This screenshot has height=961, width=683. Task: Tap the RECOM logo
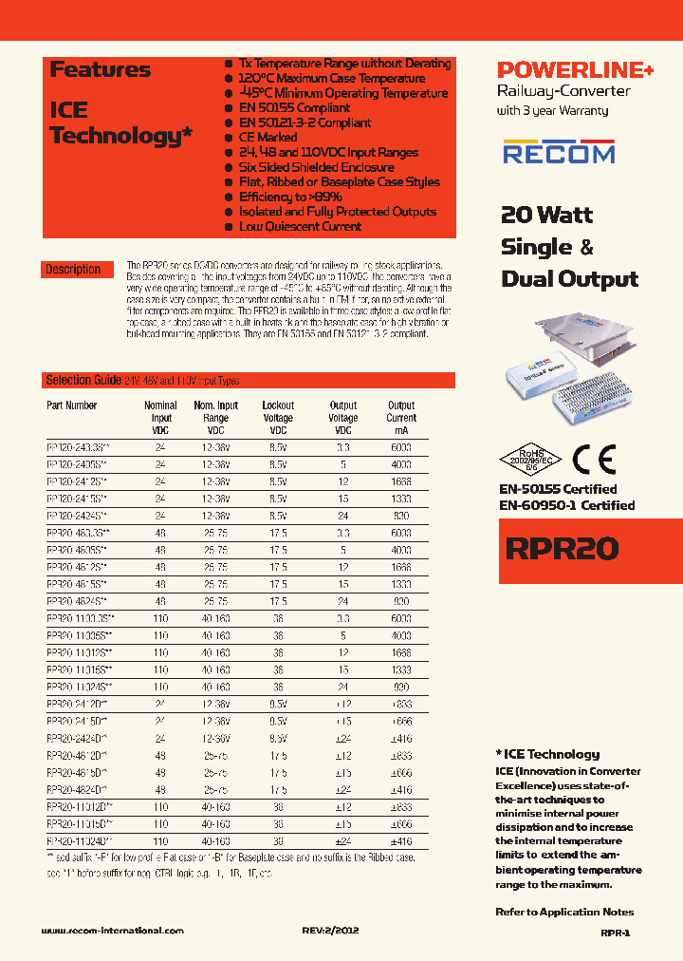(559, 152)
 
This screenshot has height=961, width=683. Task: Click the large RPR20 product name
(560, 548)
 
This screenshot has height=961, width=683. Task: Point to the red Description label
(73, 270)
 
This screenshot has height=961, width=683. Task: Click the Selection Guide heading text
(83, 380)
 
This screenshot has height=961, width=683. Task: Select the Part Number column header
(72, 405)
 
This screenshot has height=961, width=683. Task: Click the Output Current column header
(401, 411)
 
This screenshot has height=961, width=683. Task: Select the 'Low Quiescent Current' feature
(299, 226)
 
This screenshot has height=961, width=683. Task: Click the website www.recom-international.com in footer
(113, 931)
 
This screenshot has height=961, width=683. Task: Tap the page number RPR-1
(615, 933)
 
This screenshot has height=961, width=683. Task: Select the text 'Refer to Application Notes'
(563, 912)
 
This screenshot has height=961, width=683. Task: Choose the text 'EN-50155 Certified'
(558, 489)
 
